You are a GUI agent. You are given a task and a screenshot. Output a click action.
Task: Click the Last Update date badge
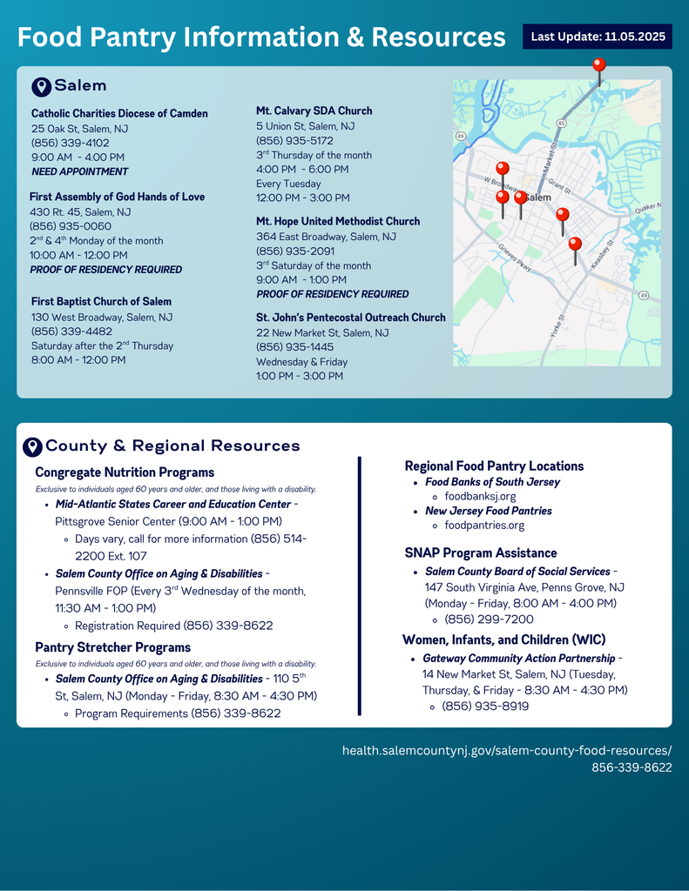pyautogui.click(x=598, y=37)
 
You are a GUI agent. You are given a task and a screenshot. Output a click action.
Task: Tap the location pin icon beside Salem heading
pyautogui.click(x=41, y=86)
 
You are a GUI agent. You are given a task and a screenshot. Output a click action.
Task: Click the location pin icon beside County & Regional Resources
pyautogui.click(x=32, y=446)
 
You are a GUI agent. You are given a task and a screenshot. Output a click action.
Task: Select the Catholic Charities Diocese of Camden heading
pyautogui.click(x=119, y=114)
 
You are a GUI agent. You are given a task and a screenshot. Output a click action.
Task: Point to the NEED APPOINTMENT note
pyautogui.click(x=79, y=171)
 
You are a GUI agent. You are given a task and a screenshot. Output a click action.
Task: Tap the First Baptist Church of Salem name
pyautogui.click(x=101, y=302)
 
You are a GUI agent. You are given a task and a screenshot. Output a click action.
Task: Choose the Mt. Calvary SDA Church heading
pyautogui.click(x=314, y=111)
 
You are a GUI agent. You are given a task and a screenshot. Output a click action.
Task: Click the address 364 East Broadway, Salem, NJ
pyautogui.click(x=326, y=237)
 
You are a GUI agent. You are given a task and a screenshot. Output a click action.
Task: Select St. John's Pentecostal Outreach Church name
pyautogui.click(x=350, y=318)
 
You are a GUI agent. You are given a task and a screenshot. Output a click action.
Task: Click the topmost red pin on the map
pyautogui.click(x=598, y=66)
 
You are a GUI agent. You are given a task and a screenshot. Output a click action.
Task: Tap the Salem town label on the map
pyautogui.click(x=539, y=198)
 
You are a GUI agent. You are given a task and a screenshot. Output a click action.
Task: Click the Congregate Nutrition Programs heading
pyautogui.click(x=125, y=472)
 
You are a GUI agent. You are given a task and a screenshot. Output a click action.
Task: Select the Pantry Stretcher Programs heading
pyautogui.click(x=112, y=647)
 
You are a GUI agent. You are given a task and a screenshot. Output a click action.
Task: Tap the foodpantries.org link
pyautogui.click(x=484, y=526)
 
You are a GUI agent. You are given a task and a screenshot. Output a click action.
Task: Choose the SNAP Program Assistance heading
pyautogui.click(x=481, y=553)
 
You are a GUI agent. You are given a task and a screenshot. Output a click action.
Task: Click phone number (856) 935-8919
pyautogui.click(x=485, y=707)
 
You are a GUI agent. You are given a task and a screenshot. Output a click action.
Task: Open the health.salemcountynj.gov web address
pyautogui.click(x=507, y=750)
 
